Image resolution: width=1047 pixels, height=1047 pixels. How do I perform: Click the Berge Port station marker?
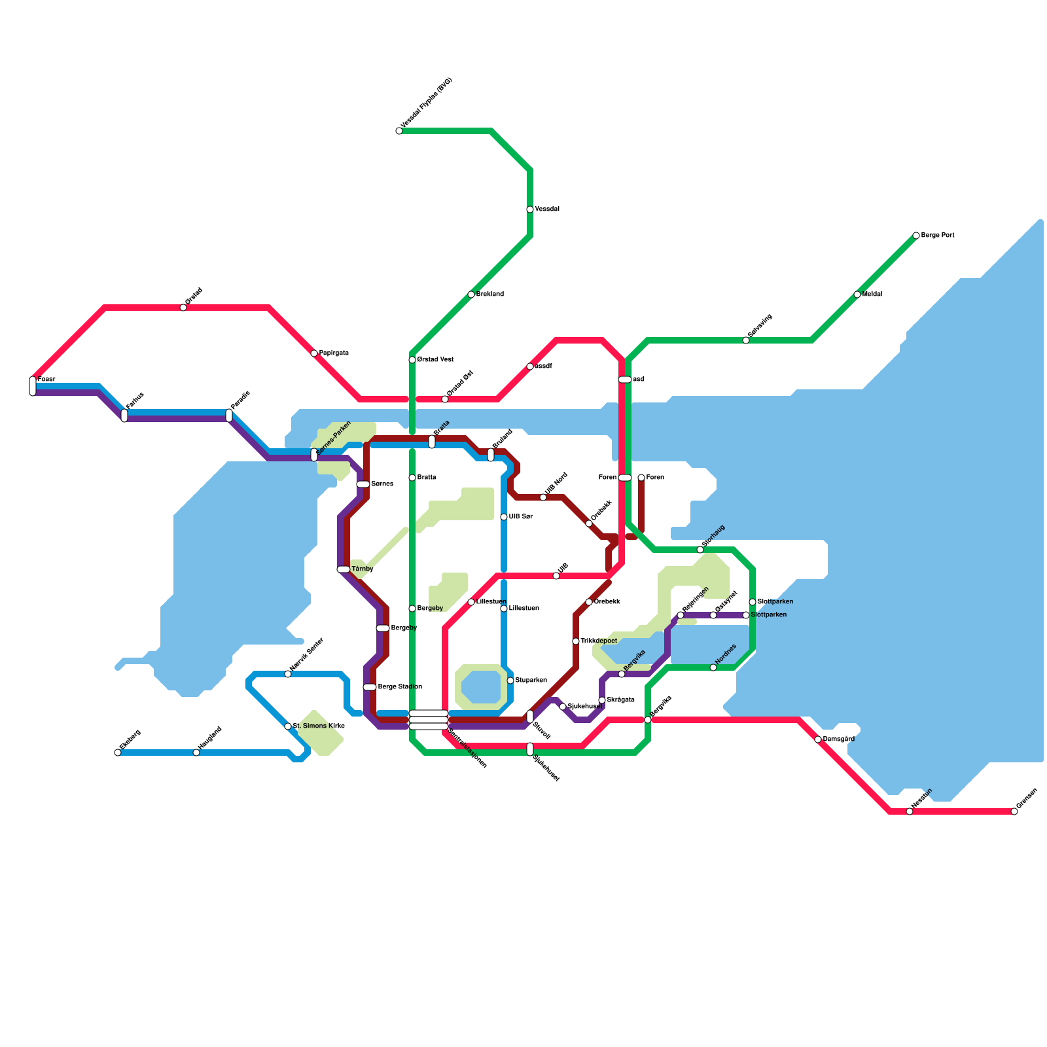tap(916, 236)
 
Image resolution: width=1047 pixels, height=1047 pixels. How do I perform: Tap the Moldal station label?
tap(872, 294)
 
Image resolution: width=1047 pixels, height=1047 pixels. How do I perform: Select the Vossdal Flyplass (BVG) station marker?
tap(399, 131)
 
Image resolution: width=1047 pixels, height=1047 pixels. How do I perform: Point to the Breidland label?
tap(490, 294)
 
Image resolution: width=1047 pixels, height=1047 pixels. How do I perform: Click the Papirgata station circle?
tap(314, 353)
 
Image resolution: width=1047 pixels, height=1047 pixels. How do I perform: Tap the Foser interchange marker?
tap(33, 386)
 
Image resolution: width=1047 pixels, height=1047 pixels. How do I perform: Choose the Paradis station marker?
tap(229, 415)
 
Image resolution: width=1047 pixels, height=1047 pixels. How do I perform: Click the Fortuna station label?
tap(135, 400)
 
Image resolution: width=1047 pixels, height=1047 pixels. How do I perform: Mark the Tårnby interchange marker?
tap(344, 569)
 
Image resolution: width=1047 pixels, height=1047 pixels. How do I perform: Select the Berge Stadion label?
tap(400, 687)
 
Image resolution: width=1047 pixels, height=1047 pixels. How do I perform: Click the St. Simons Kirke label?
tap(319, 726)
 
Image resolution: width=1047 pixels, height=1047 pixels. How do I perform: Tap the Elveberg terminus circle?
tap(118, 753)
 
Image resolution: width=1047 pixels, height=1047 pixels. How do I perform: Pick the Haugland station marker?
tap(196, 753)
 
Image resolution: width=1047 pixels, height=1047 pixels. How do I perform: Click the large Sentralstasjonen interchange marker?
tap(429, 720)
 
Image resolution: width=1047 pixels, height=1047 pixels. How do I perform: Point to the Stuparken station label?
tap(531, 681)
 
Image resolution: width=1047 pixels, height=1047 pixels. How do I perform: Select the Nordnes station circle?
tap(713, 667)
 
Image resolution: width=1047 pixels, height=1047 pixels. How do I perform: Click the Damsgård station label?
tap(839, 739)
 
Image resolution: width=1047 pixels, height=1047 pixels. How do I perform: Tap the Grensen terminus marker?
tap(1014, 811)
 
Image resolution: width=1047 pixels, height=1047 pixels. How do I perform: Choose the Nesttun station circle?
tap(910, 811)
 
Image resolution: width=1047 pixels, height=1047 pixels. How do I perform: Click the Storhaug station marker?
tap(700, 550)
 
